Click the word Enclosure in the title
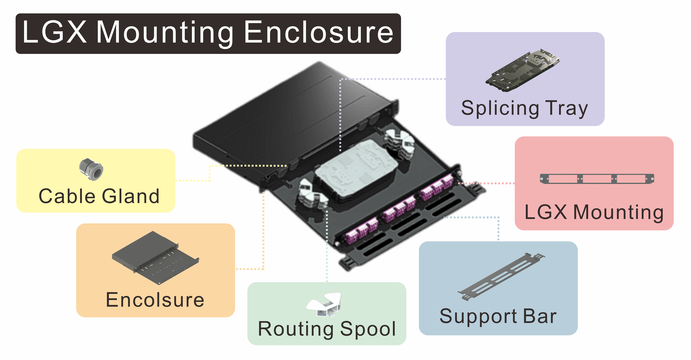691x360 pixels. click(319, 33)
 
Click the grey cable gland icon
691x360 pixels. click(91, 169)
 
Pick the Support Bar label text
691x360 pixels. click(498, 316)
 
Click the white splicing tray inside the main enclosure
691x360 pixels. click(357, 169)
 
